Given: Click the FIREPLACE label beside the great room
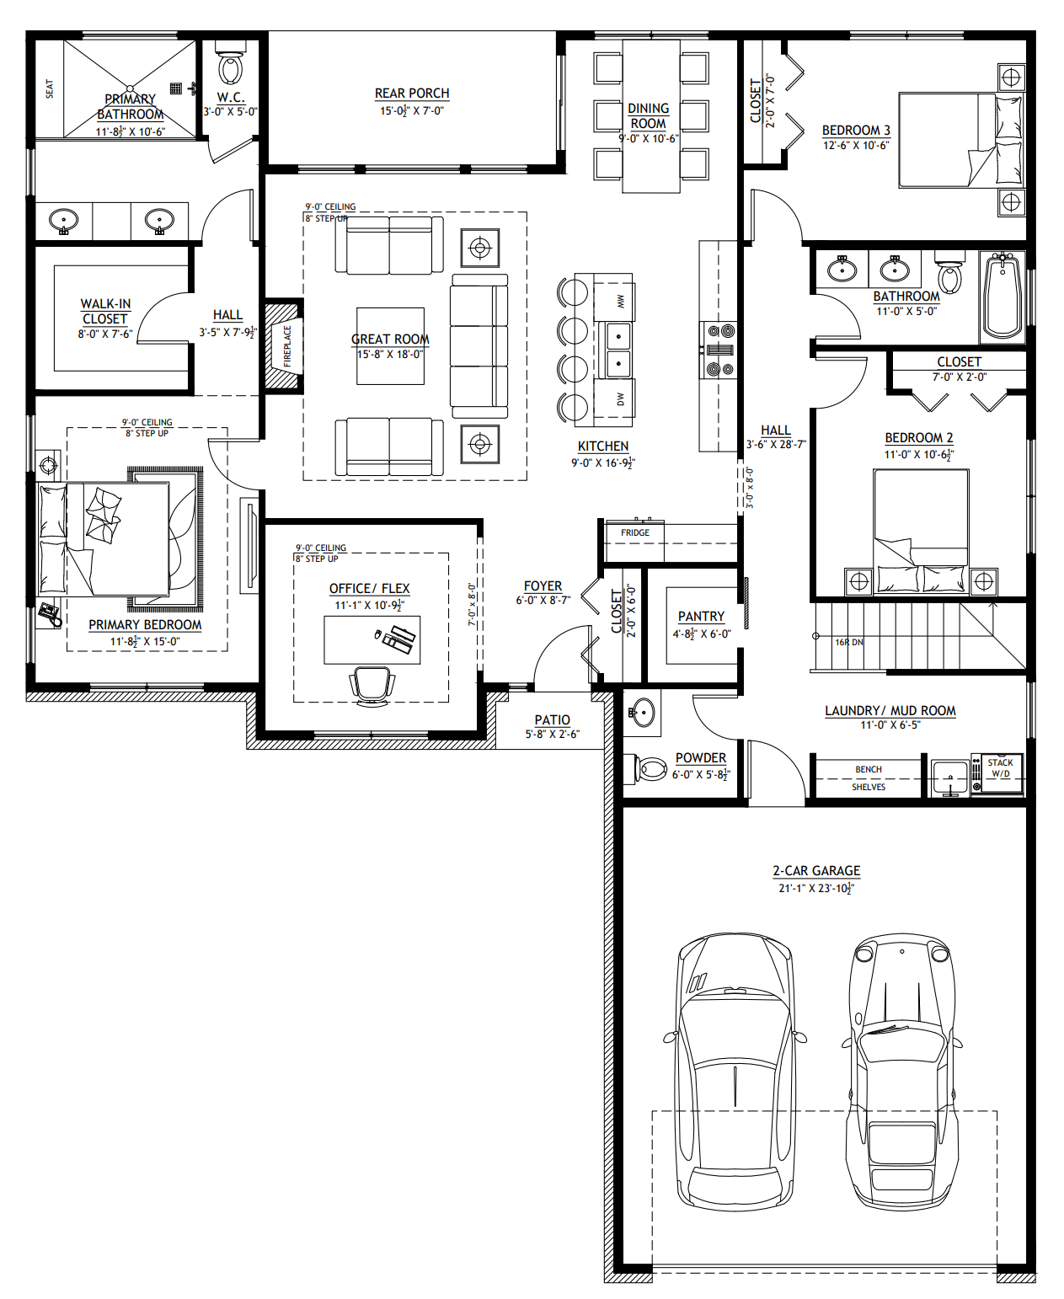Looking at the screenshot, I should pyautogui.click(x=287, y=345).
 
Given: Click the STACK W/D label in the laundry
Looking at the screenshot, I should pyautogui.click(x=1000, y=767).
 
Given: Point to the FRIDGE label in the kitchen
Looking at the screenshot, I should pyautogui.click(x=635, y=532).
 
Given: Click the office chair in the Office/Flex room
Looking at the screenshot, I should pyautogui.click(x=372, y=685).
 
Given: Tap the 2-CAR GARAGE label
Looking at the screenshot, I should pyautogui.click(x=816, y=871).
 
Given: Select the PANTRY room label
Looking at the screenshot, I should pyautogui.click(x=701, y=617).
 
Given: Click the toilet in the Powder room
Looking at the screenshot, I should pyautogui.click(x=649, y=768).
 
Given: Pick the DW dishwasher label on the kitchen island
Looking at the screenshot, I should pyautogui.click(x=620, y=398).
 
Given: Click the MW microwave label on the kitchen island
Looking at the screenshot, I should pyautogui.click(x=620, y=301).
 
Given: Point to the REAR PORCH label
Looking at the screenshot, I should pyautogui.click(x=412, y=94).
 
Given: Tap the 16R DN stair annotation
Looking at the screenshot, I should pyautogui.click(x=848, y=642).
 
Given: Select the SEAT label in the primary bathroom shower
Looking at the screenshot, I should pyautogui.click(x=49, y=88).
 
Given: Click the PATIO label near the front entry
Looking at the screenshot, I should pyautogui.click(x=552, y=720).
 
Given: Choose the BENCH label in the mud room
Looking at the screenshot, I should pyautogui.click(x=868, y=769).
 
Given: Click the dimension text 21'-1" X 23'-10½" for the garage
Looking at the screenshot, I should pyautogui.click(x=815, y=888).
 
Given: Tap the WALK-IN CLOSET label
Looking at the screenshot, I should pyautogui.click(x=105, y=311).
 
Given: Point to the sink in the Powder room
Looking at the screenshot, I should pyautogui.click(x=643, y=714).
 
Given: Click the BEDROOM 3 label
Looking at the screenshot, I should pyautogui.click(x=856, y=131).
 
